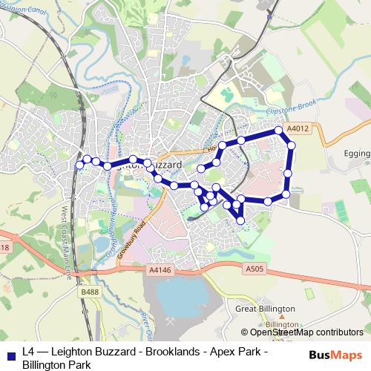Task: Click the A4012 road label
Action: pyautogui.click(x=298, y=128)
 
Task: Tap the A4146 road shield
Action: pyautogui.click(x=160, y=272)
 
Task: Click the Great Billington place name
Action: pyautogui.click(x=265, y=309)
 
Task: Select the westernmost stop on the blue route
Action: pyautogui.click(x=79, y=165)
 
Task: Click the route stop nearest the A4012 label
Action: pyautogui.click(x=280, y=130)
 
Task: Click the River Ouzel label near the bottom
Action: pyautogui.click(x=145, y=326)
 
